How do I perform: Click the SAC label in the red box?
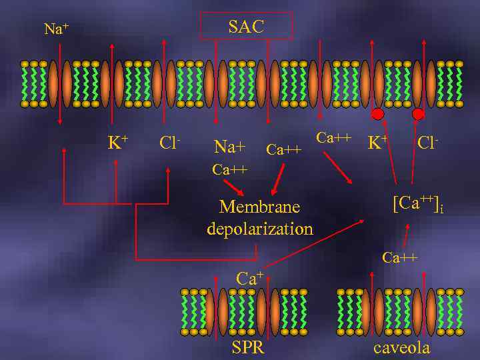tap(246, 27)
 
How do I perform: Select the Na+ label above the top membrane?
tap(57, 29)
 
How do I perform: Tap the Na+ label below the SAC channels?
tap(229, 145)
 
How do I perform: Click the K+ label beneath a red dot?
tap(377, 142)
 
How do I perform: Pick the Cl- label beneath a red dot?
tap(427, 142)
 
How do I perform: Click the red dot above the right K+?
tap(377, 115)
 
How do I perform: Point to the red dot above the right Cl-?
tap(418, 115)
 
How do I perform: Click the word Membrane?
tap(259, 207)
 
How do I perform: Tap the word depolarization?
tap(259, 229)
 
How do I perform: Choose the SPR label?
tap(248, 347)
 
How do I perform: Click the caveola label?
tap(401, 347)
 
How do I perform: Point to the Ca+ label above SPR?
tap(251, 277)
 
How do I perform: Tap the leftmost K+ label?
tap(118, 142)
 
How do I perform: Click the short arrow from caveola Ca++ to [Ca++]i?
tap(405, 236)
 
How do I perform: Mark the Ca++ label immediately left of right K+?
tap(333, 138)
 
